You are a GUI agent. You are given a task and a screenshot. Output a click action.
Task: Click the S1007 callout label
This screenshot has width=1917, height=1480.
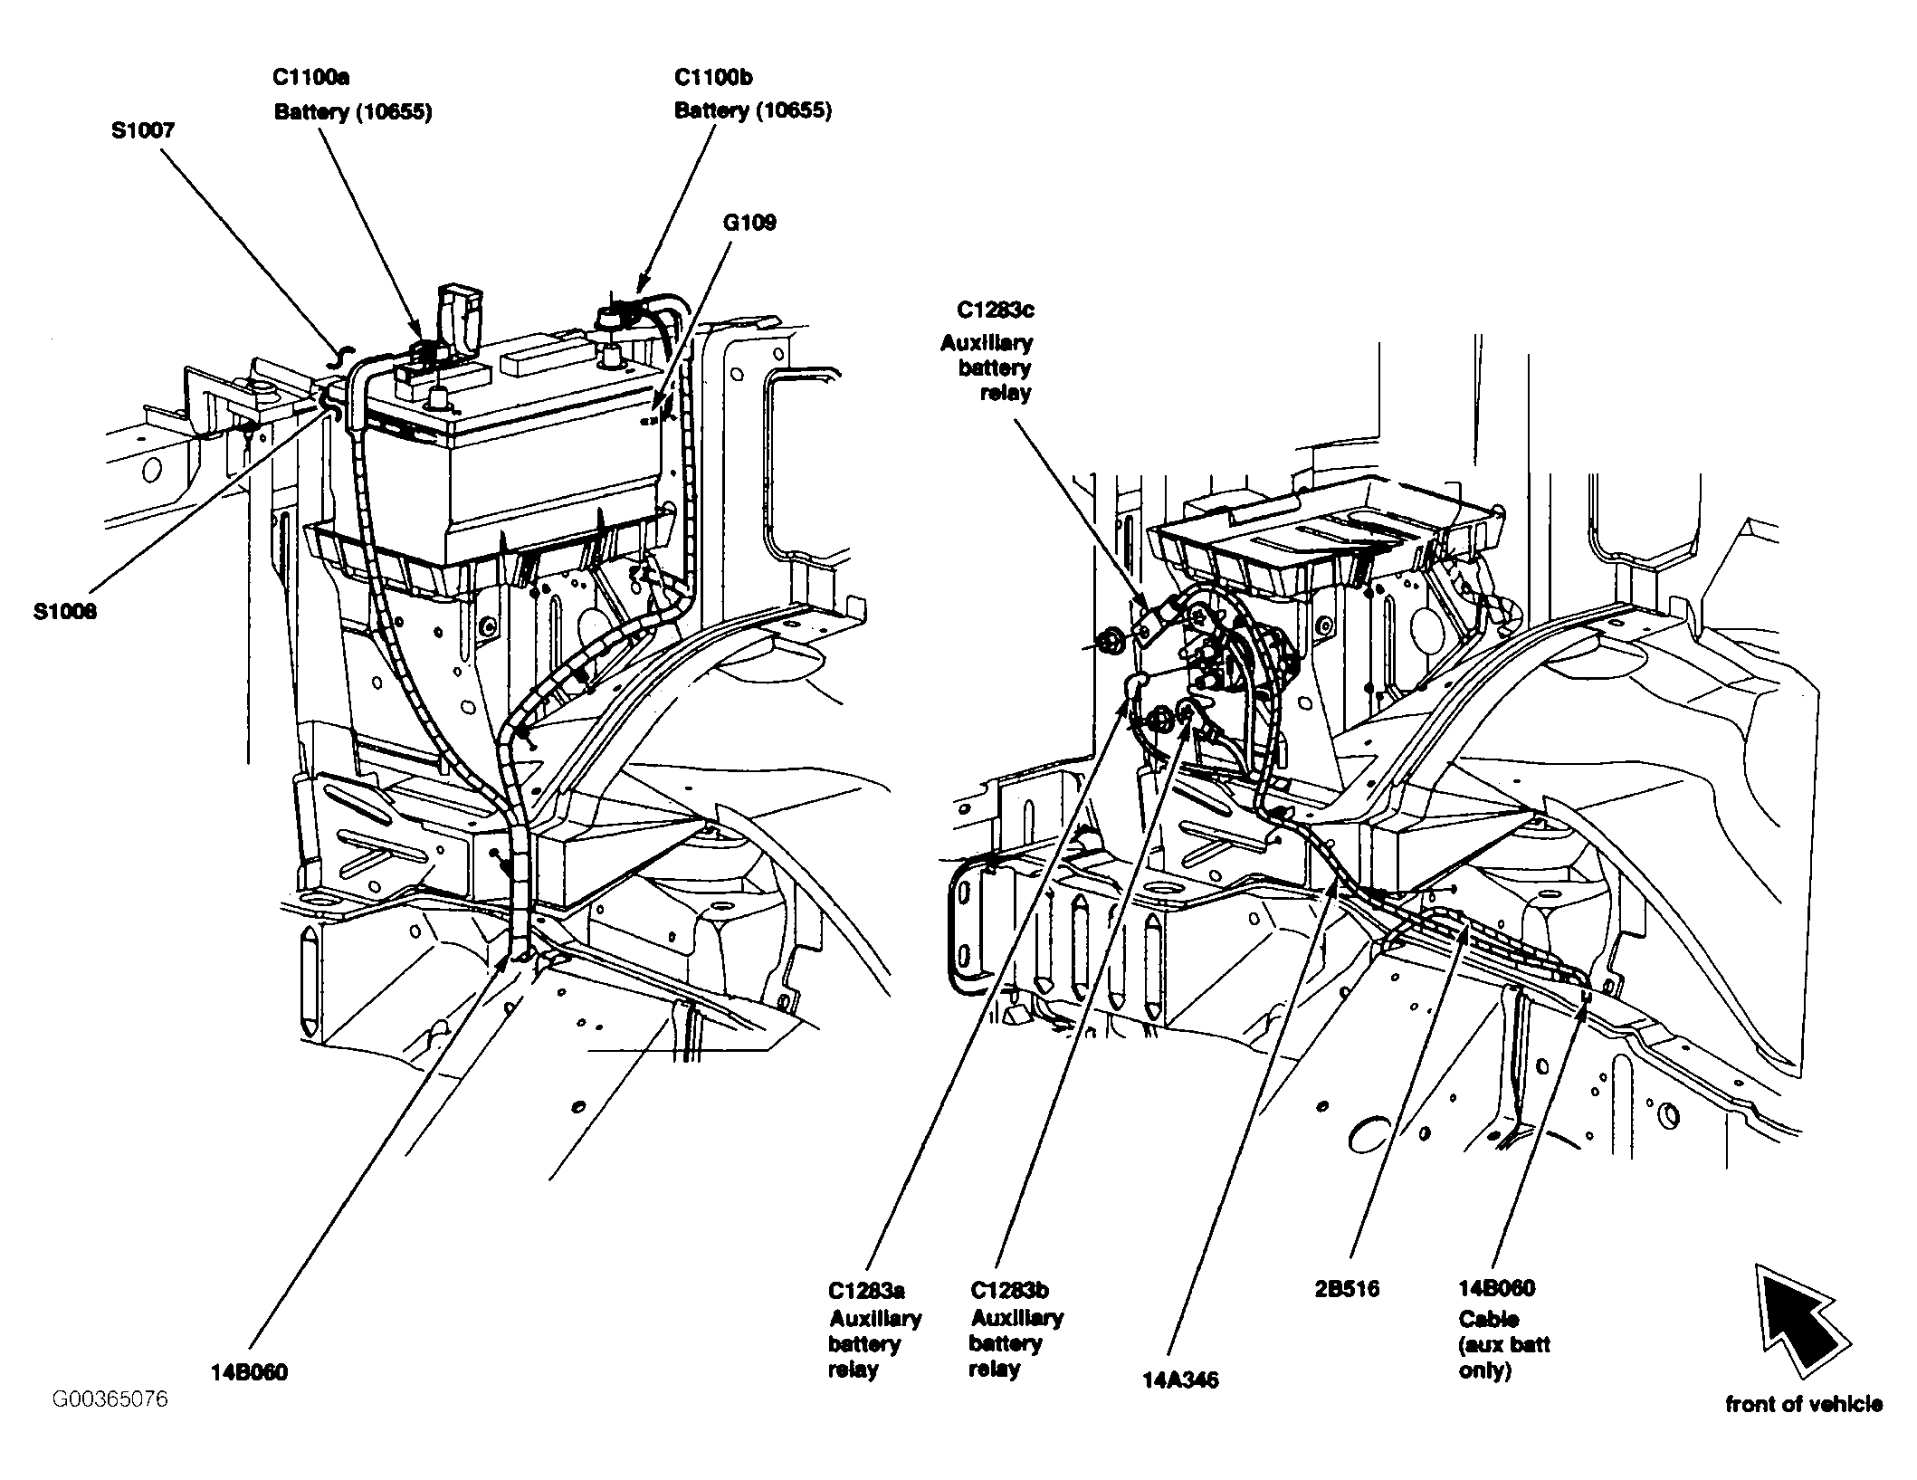(143, 130)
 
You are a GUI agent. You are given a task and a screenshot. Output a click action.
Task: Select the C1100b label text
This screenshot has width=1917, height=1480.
(713, 77)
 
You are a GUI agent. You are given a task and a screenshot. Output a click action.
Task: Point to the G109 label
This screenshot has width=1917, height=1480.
(749, 223)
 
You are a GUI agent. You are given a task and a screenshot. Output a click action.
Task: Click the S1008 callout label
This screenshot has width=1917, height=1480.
(65, 612)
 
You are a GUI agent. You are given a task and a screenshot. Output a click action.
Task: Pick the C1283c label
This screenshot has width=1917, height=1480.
(996, 310)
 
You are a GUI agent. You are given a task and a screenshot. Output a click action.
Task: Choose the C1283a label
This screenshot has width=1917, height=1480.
(866, 1290)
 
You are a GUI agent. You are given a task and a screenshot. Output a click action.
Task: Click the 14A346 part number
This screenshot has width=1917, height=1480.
(1180, 1380)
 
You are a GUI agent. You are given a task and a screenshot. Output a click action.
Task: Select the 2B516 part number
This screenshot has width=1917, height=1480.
(1347, 1288)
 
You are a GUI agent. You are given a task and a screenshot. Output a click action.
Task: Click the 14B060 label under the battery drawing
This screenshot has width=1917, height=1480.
(250, 1372)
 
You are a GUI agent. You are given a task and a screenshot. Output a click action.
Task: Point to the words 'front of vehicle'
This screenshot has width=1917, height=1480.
(1804, 1404)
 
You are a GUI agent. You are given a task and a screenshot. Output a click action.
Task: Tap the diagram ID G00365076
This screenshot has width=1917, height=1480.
(110, 1399)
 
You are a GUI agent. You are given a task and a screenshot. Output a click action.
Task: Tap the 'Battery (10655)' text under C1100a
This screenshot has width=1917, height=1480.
(353, 111)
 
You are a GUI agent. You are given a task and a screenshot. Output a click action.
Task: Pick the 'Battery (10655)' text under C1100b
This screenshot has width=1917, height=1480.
(753, 110)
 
